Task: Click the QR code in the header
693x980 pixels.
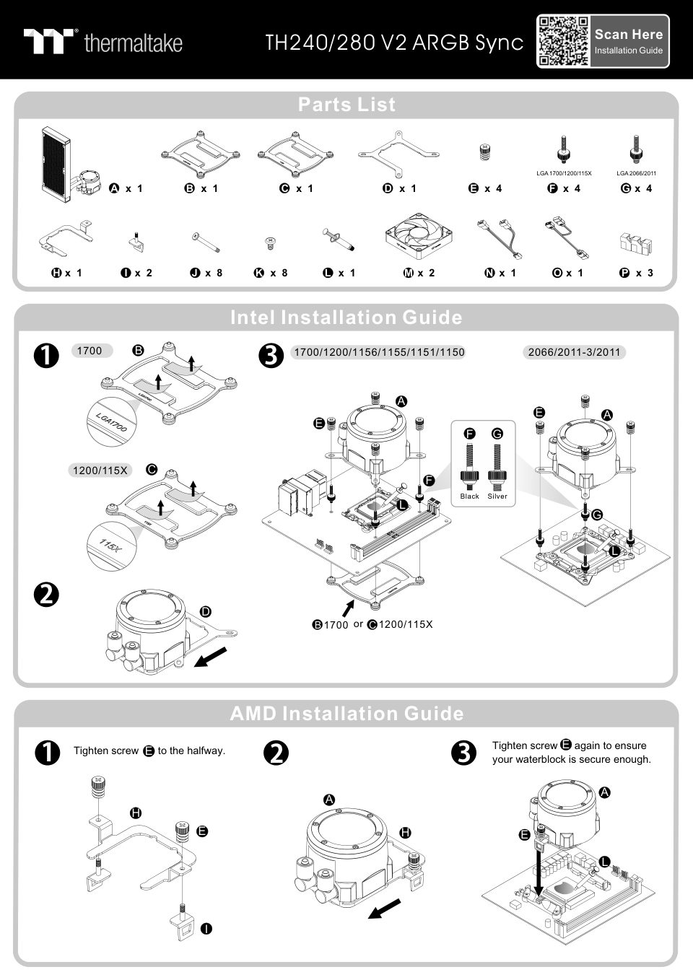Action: [x=563, y=42]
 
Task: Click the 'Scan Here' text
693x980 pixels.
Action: [x=628, y=34]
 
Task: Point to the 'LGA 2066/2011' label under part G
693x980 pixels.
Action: [x=636, y=173]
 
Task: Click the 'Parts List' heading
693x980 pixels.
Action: [x=346, y=105]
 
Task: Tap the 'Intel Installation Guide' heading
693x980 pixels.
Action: [x=346, y=318]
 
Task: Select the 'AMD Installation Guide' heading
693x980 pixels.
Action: [x=346, y=714]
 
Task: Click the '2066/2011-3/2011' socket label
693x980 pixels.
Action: [x=574, y=352]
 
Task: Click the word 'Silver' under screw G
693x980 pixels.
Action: [x=497, y=496]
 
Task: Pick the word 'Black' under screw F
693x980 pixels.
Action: [x=469, y=496]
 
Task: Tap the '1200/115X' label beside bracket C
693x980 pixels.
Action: [x=100, y=471]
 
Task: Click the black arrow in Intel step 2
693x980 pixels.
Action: [x=216, y=657]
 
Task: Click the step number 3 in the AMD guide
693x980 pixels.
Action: [x=463, y=753]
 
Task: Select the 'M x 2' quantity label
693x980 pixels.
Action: [x=419, y=273]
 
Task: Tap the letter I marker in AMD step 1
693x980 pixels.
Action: [x=206, y=928]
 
